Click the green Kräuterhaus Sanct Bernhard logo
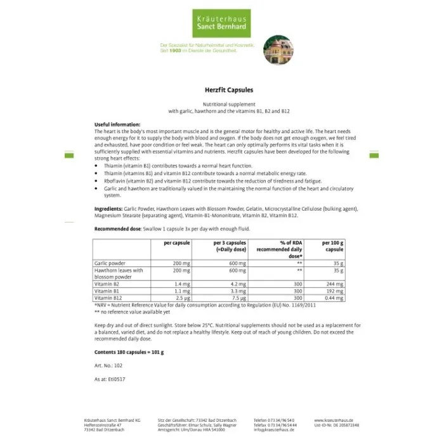click(222, 23)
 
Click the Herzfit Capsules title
click(221, 91)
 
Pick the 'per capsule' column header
click(176, 243)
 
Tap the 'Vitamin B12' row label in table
click(108, 297)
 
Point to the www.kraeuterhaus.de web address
click(332, 420)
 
